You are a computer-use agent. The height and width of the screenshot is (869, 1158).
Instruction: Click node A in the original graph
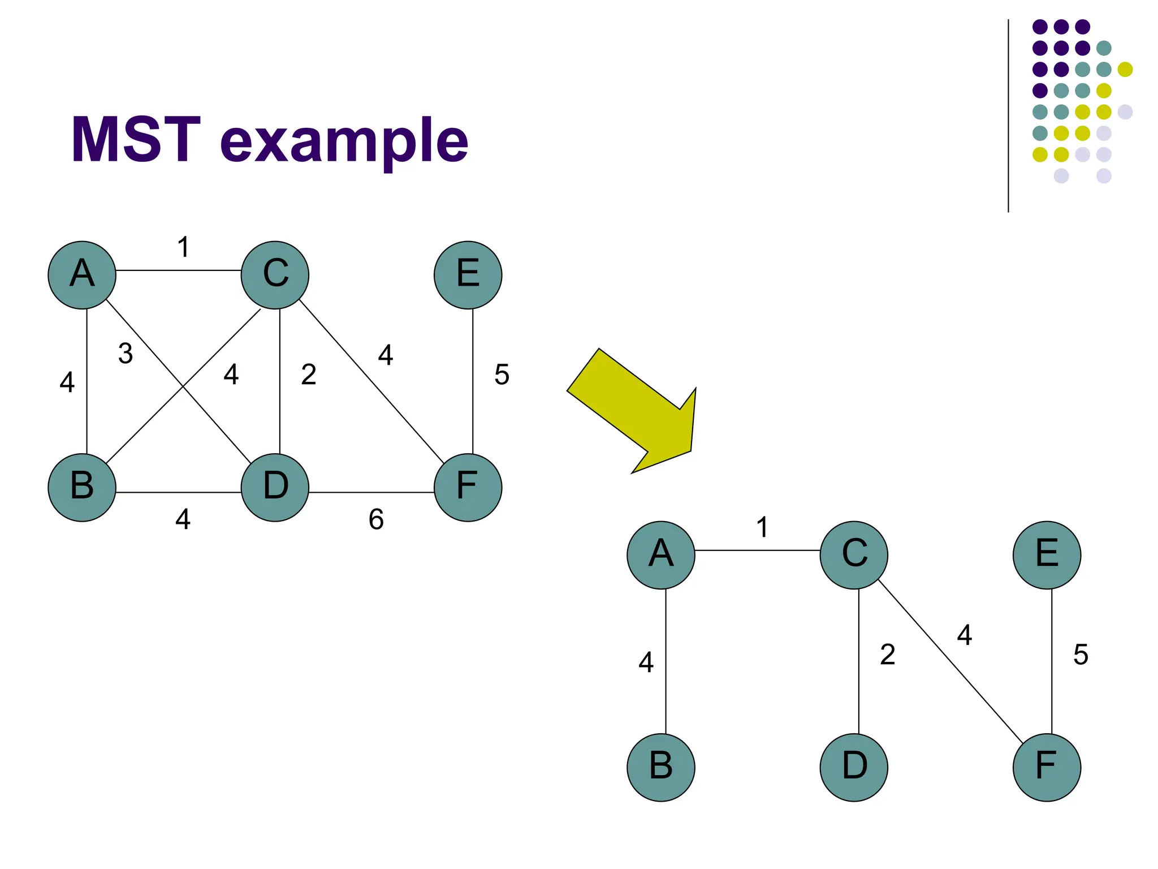82,275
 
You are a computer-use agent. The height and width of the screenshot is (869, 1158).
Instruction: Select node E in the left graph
468,275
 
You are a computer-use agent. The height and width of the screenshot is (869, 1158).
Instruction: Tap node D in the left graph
275,487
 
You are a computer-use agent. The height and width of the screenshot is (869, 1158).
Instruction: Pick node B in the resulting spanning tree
661,767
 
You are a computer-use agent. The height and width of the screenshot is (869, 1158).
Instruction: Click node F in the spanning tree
1047,767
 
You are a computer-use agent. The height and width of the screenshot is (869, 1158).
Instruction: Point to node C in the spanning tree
854,555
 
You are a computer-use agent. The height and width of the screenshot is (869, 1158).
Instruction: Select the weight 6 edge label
376,519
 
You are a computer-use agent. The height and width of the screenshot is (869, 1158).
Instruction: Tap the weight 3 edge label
126,354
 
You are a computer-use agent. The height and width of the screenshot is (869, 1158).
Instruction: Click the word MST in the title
136,140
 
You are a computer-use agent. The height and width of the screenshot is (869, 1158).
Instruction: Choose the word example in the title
344,141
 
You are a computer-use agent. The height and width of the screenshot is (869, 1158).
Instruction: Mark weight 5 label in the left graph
502,375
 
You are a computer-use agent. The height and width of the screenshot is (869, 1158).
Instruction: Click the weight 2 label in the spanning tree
888,655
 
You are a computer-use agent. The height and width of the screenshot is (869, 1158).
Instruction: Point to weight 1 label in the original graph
183,247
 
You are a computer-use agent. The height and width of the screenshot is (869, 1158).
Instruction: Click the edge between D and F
371,492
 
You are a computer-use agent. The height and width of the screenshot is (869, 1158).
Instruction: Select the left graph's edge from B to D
179,492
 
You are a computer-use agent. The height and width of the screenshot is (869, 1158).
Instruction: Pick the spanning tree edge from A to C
757,550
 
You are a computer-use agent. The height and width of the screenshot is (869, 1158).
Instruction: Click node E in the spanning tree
1047,555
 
